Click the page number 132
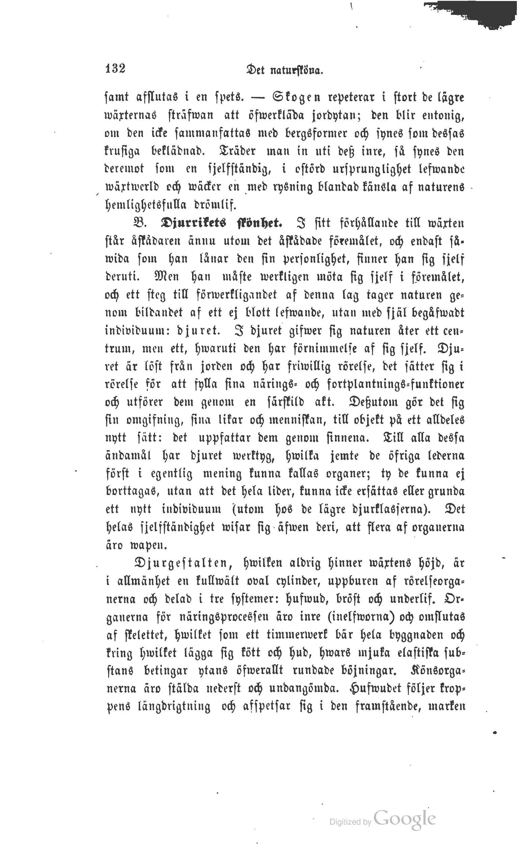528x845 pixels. tap(115, 68)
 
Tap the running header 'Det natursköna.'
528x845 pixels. tap(284, 71)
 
